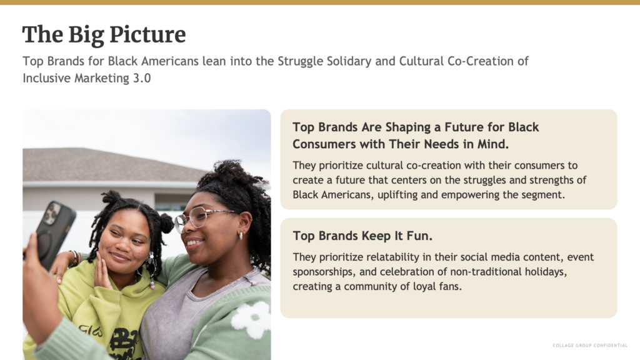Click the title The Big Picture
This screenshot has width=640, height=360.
tap(104, 35)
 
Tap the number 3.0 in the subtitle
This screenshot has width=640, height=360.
tap(142, 78)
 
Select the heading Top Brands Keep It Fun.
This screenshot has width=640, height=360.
tap(362, 236)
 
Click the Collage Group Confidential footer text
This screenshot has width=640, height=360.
tap(590, 345)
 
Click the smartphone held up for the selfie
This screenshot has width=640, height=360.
tap(54, 234)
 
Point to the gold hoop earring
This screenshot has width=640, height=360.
tap(241, 236)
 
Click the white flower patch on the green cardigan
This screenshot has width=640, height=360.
tap(250, 319)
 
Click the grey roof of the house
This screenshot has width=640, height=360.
tap(114, 165)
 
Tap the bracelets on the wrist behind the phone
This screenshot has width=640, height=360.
tap(76, 258)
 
